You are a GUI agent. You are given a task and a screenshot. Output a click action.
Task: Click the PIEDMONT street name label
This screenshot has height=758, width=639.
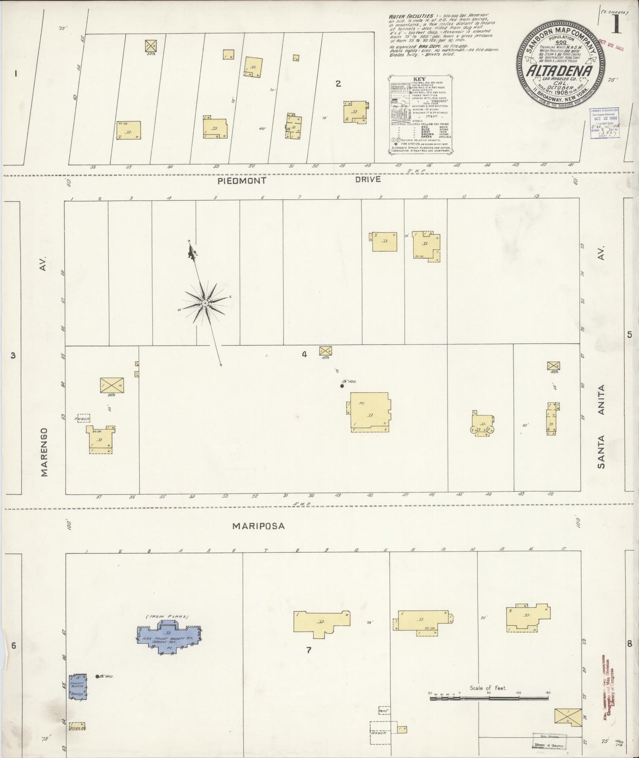[x=241, y=181]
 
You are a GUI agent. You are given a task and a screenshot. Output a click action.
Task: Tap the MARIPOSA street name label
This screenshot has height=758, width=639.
[x=259, y=526]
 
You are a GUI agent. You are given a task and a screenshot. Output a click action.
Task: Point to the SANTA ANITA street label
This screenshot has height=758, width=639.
[x=601, y=427]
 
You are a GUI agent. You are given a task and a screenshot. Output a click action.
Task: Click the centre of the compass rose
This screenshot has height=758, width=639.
[x=205, y=303]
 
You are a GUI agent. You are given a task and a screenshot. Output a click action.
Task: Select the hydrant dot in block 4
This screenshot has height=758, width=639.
[x=342, y=386]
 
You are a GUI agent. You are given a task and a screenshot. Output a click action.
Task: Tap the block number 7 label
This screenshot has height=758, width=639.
[x=309, y=650]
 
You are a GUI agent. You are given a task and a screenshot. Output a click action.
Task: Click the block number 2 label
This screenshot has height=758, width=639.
[x=338, y=84]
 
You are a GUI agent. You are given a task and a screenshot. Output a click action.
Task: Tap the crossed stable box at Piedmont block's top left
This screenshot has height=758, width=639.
[x=151, y=46]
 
